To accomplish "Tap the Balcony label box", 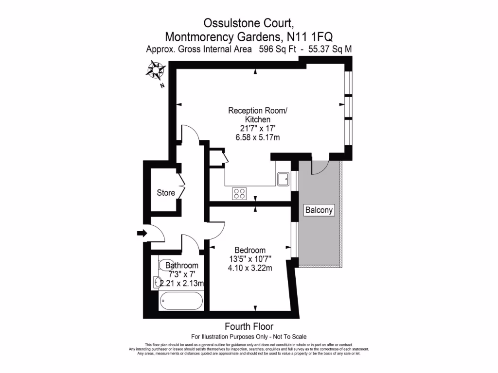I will coord(319,210).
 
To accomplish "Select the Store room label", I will coord(166,193).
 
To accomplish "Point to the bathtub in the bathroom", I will coord(181,302).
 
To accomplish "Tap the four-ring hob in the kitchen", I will coord(239,194).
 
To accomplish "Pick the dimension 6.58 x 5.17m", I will coord(257,137).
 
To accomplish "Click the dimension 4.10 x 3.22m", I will coord(249,268).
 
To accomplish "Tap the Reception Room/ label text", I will coord(258,111).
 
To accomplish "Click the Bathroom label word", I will coord(182,266).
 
